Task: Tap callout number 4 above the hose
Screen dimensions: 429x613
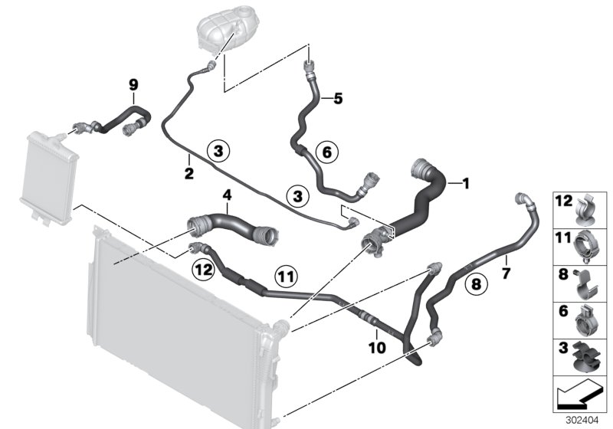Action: click(227, 196)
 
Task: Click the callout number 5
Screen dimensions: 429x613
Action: click(338, 98)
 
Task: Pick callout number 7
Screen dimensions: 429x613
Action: click(506, 270)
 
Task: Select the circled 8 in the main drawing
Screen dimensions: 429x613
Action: click(475, 285)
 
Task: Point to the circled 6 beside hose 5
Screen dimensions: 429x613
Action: click(326, 152)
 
